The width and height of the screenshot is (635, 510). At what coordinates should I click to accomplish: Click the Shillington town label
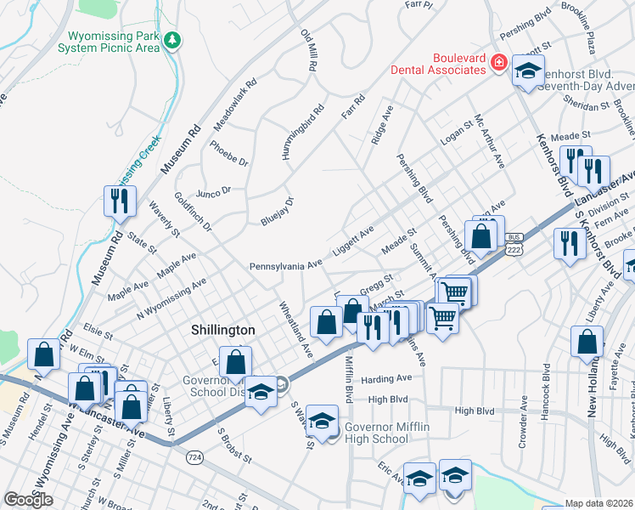tap(222, 330)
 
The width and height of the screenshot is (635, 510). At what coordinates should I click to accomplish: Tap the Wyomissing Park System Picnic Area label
tap(109, 42)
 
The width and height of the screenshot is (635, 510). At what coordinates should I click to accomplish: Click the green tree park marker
tap(172, 39)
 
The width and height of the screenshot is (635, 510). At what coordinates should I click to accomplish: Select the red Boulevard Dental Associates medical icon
tap(498, 63)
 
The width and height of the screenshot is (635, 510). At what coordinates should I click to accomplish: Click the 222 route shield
tap(514, 247)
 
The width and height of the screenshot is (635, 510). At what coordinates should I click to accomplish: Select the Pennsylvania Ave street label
tap(286, 266)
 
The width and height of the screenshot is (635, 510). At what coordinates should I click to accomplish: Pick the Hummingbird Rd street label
tap(305, 132)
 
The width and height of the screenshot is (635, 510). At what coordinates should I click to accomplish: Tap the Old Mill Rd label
tap(307, 51)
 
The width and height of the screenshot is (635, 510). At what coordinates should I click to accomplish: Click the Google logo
tap(29, 499)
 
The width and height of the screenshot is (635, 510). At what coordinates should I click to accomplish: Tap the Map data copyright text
tap(598, 503)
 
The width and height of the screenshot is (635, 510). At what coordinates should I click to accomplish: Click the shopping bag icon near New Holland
tap(587, 343)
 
